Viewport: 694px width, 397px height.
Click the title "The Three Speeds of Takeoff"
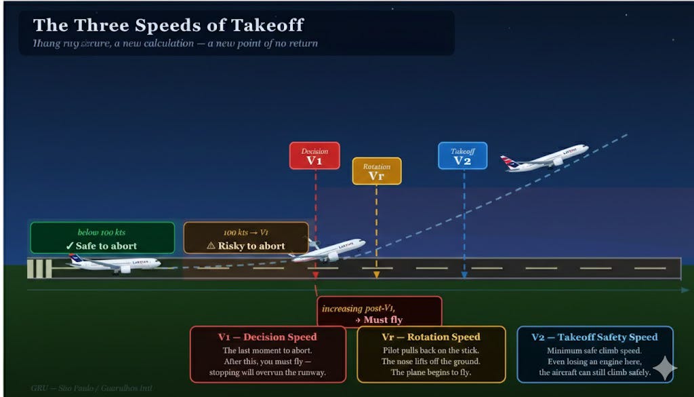tap(169, 26)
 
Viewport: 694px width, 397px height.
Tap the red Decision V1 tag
tap(314, 155)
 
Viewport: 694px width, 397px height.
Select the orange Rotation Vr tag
tap(376, 171)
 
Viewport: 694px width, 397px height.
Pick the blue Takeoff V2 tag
tap(462, 155)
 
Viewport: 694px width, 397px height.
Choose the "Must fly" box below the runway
tap(379, 313)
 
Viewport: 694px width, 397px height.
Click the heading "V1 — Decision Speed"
tap(268, 337)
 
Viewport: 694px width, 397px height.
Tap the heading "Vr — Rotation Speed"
tap(431, 337)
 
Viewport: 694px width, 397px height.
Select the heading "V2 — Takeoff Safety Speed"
tap(594, 337)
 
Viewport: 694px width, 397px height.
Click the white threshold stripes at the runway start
tap(39, 268)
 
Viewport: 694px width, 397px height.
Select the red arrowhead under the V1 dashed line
tap(315, 276)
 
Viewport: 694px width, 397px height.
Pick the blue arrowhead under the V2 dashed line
tap(464, 276)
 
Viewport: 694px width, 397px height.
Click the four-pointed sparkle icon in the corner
tap(664, 368)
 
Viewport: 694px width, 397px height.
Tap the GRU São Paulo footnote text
tap(91, 388)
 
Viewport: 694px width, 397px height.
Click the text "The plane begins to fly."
tap(431, 373)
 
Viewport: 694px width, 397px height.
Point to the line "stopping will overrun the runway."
tap(268, 373)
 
